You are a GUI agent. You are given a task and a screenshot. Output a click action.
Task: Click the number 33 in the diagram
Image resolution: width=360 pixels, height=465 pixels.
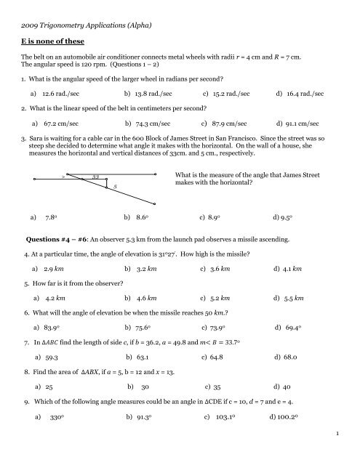(x=95, y=176)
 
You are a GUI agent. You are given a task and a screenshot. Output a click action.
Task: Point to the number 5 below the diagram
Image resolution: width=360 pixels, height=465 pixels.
(x=115, y=187)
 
